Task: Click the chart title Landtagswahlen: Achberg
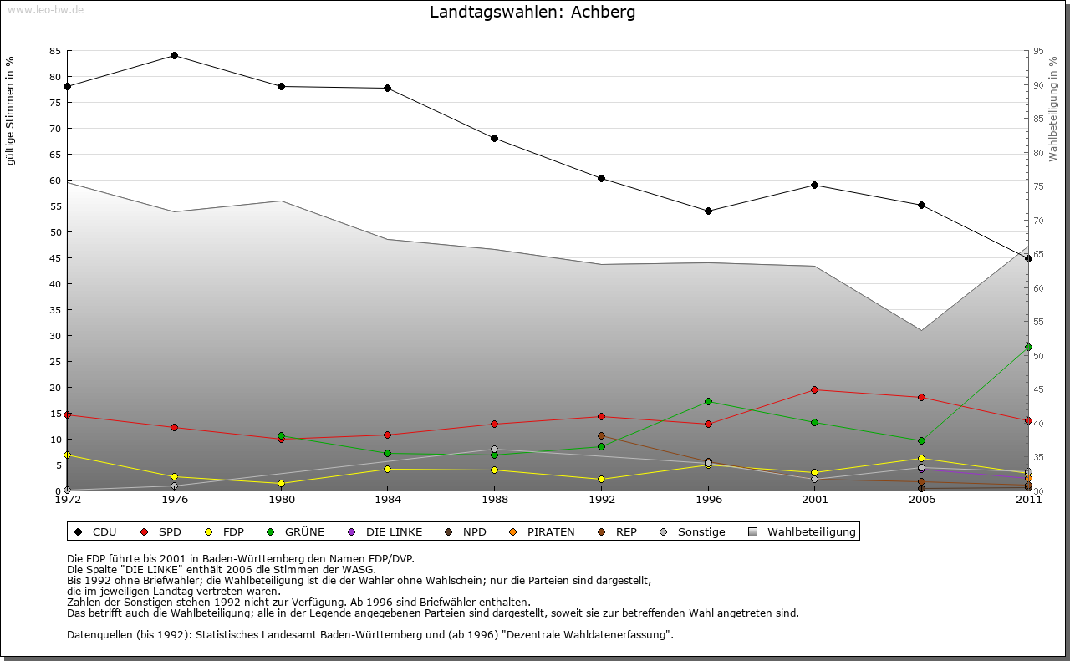[532, 13]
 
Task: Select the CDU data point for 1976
[174, 55]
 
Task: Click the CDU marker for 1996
[708, 211]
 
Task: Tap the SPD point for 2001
[814, 389]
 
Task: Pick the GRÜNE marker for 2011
[1028, 347]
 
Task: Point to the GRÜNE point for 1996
[708, 401]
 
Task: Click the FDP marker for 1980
[281, 483]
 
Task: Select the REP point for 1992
[601, 435]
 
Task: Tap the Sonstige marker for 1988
[494, 450]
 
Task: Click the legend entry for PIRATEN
[550, 531]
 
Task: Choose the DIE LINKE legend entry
[393, 531]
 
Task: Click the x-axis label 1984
[388, 500]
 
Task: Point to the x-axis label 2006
[921, 500]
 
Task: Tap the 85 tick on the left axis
[55, 51]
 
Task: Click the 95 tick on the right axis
[1038, 51]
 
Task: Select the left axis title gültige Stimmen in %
[11, 110]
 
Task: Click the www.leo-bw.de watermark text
[45, 9]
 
